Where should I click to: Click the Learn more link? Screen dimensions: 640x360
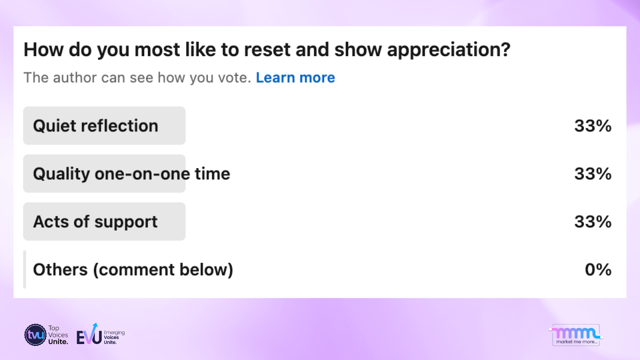point(296,78)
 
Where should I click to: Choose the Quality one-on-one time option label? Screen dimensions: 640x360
point(132,174)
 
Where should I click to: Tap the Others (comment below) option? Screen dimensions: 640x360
point(133,270)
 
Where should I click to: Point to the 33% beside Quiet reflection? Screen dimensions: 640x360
point(593,126)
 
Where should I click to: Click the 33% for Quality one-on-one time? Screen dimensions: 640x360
point(593,174)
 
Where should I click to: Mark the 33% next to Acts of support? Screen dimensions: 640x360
point(593,222)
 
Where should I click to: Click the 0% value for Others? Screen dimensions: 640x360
point(598,270)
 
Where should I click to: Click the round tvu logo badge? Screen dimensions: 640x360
point(36,335)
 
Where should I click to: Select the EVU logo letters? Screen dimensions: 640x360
point(89,335)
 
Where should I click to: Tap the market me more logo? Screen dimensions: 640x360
point(576,335)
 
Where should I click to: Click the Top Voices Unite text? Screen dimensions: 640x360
point(58,335)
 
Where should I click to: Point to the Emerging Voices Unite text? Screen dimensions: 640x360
point(114,338)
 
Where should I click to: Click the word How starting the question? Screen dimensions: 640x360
point(44,50)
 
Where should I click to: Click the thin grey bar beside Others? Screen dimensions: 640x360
point(24,270)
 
